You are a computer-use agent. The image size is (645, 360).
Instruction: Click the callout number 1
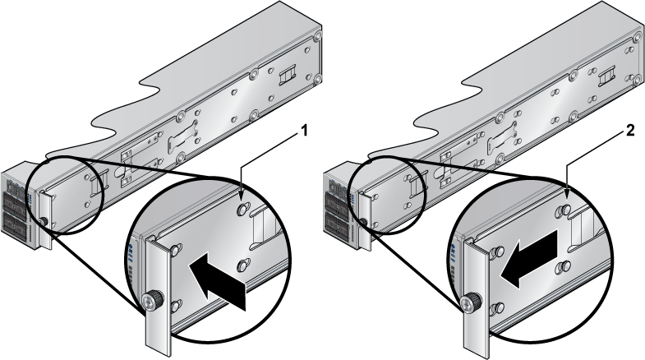[x=304, y=132]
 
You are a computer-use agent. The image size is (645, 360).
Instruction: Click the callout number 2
[x=630, y=132]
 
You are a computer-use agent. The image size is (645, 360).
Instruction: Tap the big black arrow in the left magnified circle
[x=217, y=281]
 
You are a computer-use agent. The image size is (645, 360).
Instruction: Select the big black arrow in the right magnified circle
[x=528, y=258]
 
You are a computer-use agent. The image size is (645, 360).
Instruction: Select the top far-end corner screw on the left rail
[x=317, y=35]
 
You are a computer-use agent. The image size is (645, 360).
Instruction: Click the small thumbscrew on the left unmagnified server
[x=44, y=222]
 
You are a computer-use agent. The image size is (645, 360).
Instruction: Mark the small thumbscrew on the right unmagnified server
[x=363, y=222]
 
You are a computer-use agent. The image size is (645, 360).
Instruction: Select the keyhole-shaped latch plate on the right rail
[x=503, y=138]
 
